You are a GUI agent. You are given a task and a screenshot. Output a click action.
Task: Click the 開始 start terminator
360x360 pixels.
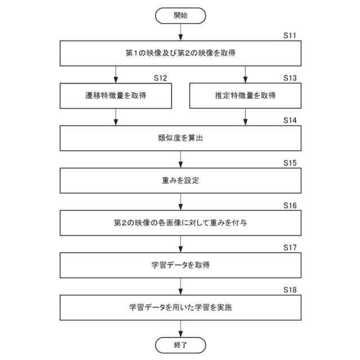pos(180,16)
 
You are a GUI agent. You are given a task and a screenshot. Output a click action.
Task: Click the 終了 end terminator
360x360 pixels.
pos(180,344)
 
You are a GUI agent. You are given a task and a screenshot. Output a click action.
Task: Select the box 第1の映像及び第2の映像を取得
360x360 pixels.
pos(180,53)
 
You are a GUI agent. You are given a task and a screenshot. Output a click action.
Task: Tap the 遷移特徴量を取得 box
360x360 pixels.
pos(116,96)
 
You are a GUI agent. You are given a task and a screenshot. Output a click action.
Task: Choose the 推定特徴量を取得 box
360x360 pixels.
pos(245,96)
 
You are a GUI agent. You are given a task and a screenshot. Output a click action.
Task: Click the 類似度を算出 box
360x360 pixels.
pos(180,138)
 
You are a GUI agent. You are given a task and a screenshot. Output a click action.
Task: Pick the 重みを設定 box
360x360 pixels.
pos(180,181)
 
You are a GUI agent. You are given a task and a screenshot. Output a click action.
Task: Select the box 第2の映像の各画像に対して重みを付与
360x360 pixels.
pos(180,223)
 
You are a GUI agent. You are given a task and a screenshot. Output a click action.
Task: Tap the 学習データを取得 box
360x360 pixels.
pos(180,265)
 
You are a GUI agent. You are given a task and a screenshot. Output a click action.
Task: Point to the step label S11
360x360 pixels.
pos(290,35)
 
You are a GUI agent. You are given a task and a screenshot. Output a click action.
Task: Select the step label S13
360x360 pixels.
pos(290,78)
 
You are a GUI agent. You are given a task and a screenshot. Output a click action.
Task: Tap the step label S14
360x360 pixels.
pos(290,120)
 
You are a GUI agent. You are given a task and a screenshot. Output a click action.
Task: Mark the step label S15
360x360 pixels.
pos(290,163)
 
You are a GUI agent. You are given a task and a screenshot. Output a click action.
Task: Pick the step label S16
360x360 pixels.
pos(290,205)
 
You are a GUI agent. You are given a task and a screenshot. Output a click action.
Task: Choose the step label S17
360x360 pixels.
pos(290,247)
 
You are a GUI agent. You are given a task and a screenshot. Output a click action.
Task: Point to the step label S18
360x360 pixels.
pos(290,290)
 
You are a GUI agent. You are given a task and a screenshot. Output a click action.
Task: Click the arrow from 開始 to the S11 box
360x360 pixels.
pos(180,33)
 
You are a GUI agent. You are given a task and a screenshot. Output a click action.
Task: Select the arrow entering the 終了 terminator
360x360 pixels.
pos(180,328)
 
